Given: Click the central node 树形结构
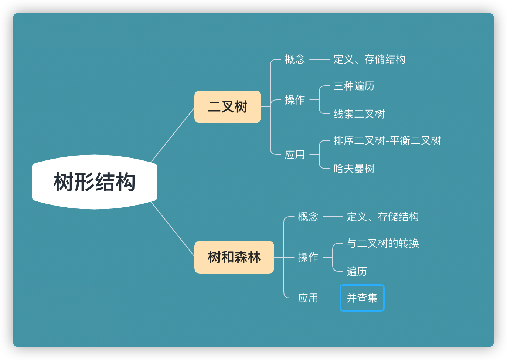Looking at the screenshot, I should tap(95, 182).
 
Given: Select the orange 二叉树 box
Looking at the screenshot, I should tap(228, 107).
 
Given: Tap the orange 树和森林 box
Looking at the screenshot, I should tap(234, 257).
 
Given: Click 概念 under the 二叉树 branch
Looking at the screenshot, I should tap(295, 59).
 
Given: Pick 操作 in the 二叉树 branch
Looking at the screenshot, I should tap(295, 100).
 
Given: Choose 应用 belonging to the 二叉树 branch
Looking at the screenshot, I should tap(295, 154).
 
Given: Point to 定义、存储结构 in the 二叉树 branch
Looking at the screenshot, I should tap(369, 59).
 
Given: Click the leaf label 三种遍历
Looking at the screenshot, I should tap(354, 86).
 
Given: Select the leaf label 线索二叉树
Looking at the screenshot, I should tap(359, 114).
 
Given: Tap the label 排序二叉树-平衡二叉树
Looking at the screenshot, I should tap(387, 141).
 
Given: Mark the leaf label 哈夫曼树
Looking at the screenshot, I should tap(354, 169).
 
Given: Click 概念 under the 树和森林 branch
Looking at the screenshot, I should tap(308, 217).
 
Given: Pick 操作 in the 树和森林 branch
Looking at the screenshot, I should tap(308, 257).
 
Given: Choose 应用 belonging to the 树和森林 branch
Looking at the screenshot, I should tap(308, 298).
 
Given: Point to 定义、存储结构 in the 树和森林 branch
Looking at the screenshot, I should tap(382, 217).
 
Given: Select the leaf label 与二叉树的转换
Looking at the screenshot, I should tap(382, 244).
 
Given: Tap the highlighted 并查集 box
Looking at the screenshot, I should tap(362, 298).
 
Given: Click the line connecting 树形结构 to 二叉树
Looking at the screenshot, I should tap(173, 135).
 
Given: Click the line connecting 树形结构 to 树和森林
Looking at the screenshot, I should tap(173, 229).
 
